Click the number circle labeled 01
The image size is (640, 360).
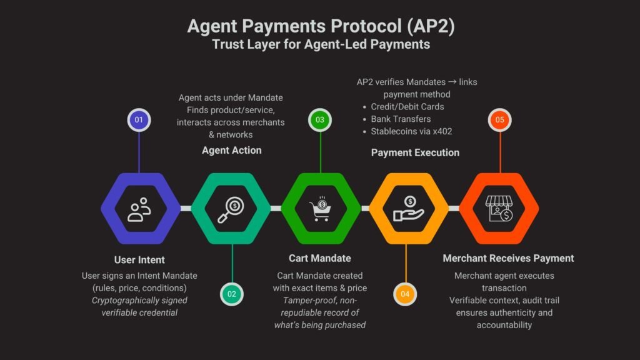[139, 119]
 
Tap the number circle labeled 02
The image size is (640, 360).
[232, 294]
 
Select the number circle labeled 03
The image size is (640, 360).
[321, 119]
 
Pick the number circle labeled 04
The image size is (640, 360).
[406, 294]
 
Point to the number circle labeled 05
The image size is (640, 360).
[499, 119]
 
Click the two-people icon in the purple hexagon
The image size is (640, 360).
[139, 209]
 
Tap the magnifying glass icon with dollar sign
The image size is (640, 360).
[231, 209]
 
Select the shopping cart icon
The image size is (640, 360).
[321, 210]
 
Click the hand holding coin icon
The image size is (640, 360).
[408, 209]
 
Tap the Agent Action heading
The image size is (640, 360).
[231, 150]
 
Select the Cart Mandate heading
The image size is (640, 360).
[319, 258]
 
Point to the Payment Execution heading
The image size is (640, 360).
[415, 152]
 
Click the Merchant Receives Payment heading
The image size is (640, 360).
[508, 258]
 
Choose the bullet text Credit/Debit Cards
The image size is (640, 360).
[407, 106]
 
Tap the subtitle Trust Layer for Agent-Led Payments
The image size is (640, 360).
[319, 45]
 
